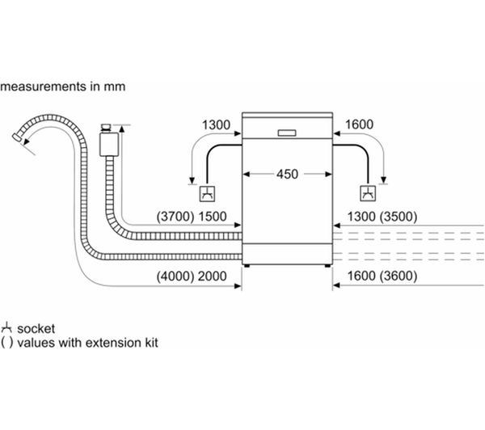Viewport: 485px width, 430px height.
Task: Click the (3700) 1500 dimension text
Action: pos(192,217)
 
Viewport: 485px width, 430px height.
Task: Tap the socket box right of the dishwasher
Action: pos(368,193)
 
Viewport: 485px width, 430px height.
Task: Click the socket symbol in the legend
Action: pos(6,327)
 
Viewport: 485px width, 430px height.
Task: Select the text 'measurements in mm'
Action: pos(64,85)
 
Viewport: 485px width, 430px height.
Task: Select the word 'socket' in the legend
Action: pos(32,327)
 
